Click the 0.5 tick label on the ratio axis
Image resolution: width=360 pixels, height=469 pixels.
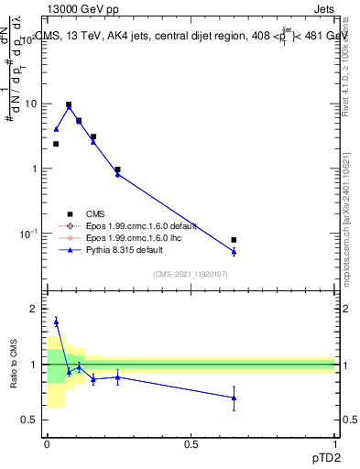point(29,420)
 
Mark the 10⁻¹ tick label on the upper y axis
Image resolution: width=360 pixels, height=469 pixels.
point(27,234)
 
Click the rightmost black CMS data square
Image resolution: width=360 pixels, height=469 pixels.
point(234,240)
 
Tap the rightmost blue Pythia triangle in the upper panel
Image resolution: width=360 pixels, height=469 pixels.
point(234,251)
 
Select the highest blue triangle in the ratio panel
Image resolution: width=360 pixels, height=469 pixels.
point(56,321)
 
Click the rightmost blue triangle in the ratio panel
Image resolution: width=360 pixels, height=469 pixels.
point(234,398)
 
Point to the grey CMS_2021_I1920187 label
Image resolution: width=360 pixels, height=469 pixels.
point(190,273)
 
